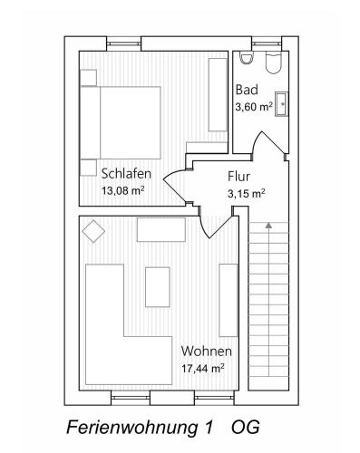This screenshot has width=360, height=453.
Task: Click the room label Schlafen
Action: [x=126, y=174]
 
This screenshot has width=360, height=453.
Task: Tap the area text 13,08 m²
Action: [x=122, y=190]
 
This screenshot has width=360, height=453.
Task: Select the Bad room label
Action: [x=247, y=90]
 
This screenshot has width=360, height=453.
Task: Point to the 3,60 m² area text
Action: [x=254, y=107]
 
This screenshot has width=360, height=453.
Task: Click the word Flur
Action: [x=238, y=177]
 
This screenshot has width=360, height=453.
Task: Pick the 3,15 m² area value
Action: [x=247, y=193]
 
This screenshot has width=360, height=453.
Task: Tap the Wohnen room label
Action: [x=207, y=352]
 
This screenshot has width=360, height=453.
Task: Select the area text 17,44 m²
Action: [x=202, y=368]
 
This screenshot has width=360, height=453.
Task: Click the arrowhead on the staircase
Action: [x=268, y=225]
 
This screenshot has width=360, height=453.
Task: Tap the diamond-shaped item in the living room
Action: [x=93, y=231]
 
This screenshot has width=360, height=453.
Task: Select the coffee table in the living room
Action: [x=158, y=287]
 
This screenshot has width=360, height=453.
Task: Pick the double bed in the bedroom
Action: [x=120, y=122]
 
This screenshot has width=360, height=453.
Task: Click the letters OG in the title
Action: [x=246, y=428]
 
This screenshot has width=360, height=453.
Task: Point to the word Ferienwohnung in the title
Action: [x=131, y=429]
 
